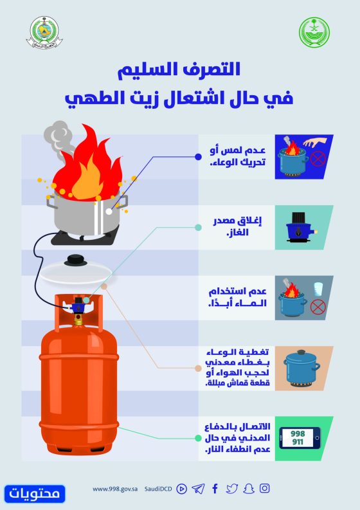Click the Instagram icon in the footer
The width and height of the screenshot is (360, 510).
coord(264,488)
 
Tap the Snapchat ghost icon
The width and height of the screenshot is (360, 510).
coord(248,489)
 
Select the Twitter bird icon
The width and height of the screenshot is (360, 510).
coord(232,489)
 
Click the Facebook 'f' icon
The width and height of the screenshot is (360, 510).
coord(215,489)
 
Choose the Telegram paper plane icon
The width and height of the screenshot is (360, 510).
coord(198,489)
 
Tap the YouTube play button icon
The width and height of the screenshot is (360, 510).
coord(181,489)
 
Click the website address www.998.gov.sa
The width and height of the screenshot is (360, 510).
coord(115,489)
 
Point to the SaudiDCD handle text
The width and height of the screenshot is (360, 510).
coord(158,489)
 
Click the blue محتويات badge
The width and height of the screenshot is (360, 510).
coord(35,494)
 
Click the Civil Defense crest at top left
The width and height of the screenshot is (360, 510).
coord(44,33)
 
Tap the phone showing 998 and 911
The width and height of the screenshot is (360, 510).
coord(300,438)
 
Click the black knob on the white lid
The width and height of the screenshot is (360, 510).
coord(76,260)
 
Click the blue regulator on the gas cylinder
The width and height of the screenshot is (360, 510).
coord(78,304)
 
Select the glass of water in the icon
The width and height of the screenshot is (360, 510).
coord(318,289)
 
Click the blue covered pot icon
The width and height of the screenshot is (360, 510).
coord(301,368)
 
